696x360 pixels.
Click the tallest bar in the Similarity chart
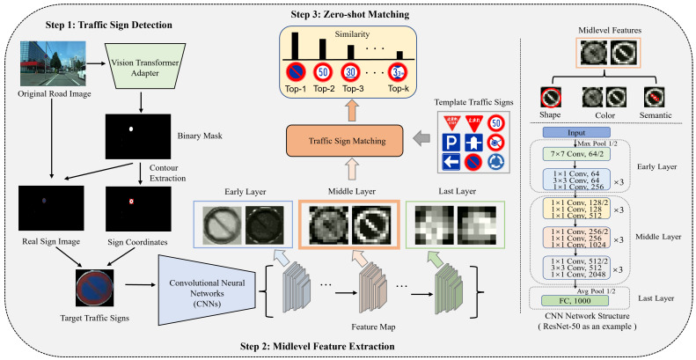(x=295, y=44)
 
